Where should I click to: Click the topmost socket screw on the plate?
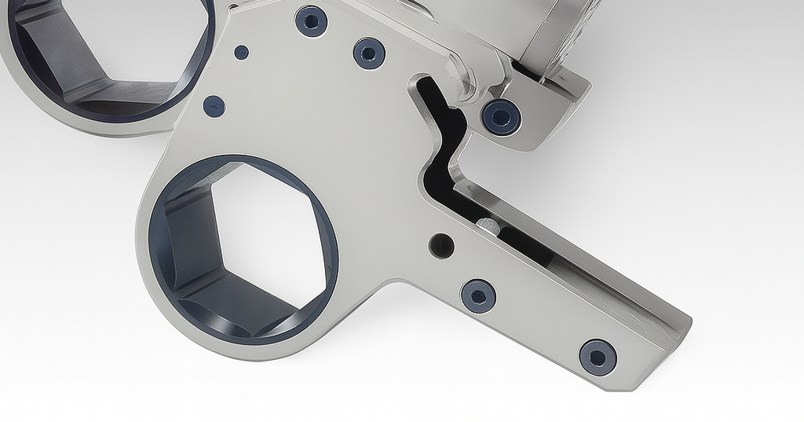[311, 21]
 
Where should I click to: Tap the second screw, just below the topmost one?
[369, 53]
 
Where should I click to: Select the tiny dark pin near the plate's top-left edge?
[241, 53]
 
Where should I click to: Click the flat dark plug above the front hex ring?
[214, 106]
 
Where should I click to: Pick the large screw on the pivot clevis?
[501, 117]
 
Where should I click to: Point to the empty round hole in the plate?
[441, 246]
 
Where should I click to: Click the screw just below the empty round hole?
[478, 295]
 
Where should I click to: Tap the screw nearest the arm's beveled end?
[598, 358]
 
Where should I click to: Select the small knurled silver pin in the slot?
[487, 228]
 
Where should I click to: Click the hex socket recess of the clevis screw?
[501, 117]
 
